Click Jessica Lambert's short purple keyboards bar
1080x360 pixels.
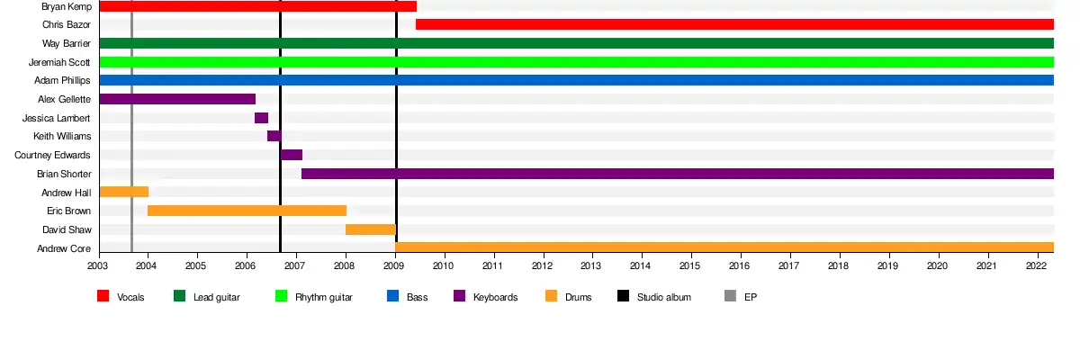pos(261,118)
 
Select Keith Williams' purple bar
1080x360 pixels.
pos(274,136)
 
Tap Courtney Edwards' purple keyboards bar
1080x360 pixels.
pos(292,155)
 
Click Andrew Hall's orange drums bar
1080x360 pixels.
pos(123,192)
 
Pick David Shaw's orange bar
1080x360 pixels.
pos(371,229)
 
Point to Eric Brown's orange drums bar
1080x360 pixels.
pos(247,211)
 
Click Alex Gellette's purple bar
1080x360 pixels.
pos(177,99)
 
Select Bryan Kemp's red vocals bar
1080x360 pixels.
pos(257,6)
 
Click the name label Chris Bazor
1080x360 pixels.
pos(67,24)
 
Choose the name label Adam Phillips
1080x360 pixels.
pos(63,80)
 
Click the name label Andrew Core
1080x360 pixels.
pos(64,248)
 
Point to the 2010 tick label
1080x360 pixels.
pos(443,266)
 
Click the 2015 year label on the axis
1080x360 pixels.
pos(689,266)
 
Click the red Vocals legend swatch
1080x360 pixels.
pos(103,296)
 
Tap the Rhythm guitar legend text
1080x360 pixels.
pos(324,297)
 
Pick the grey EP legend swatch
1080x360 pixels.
pos(730,296)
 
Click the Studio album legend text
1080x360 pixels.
pos(664,297)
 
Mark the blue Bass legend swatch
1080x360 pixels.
pos(392,296)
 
